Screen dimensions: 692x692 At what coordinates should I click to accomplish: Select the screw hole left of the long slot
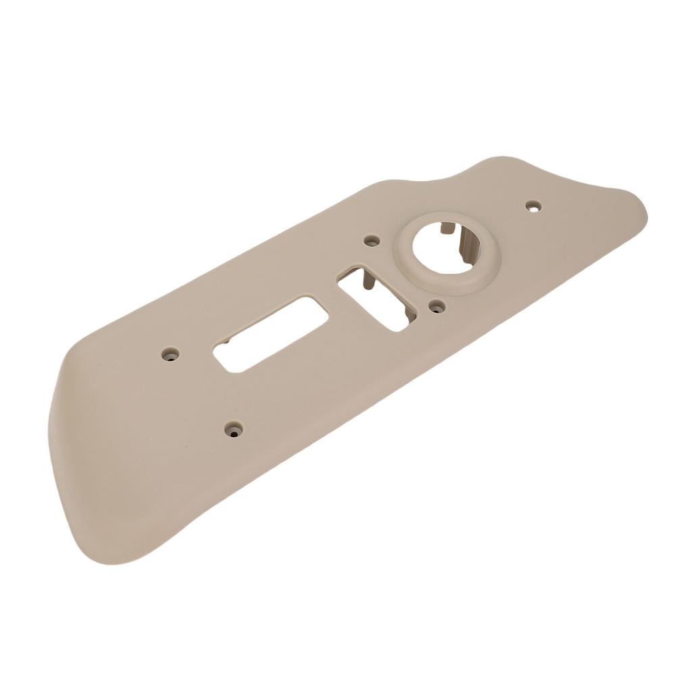pos(169,353)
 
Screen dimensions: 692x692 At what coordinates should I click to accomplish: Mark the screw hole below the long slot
pos(234,429)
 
